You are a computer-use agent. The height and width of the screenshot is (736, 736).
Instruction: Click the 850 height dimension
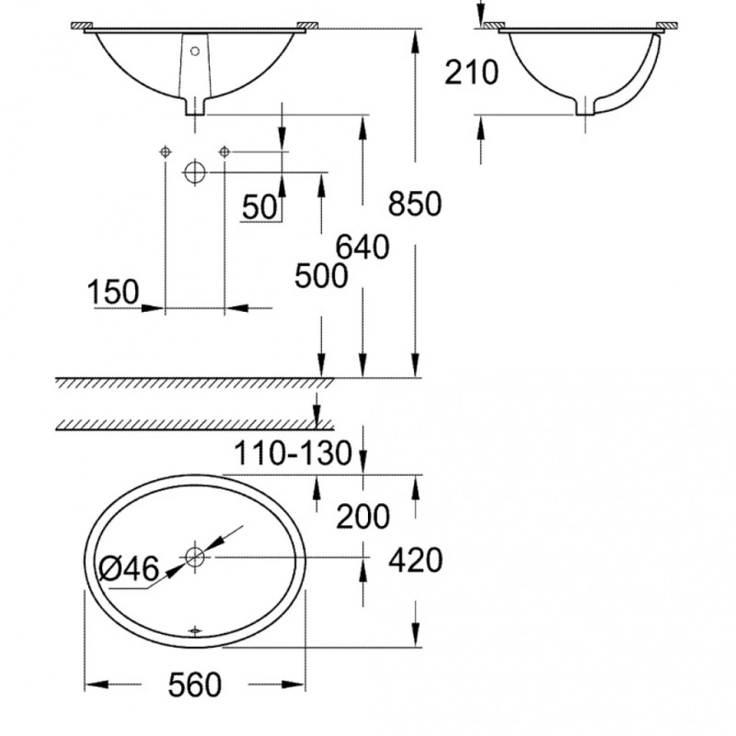(415, 204)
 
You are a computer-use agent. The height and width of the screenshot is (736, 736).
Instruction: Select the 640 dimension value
(363, 246)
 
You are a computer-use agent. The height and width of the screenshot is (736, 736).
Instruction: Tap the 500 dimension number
(320, 275)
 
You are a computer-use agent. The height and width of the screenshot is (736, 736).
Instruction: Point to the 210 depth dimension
(472, 73)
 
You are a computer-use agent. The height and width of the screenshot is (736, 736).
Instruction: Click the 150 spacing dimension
(112, 292)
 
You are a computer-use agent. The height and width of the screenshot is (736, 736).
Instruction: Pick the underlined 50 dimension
(260, 207)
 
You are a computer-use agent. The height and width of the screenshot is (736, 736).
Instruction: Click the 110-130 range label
(294, 454)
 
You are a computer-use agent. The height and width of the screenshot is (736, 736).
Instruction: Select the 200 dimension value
(363, 516)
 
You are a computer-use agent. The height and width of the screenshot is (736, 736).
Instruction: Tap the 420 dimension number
(416, 560)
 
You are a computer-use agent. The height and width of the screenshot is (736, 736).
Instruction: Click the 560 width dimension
(194, 683)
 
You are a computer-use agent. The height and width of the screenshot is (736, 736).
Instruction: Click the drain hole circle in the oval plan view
(195, 558)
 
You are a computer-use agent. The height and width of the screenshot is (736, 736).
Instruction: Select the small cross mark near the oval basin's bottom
(195, 631)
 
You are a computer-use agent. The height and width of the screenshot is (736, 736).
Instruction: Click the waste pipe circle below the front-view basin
(195, 173)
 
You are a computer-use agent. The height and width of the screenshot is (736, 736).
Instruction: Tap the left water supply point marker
(165, 151)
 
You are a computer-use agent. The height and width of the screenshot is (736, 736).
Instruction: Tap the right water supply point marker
(224, 151)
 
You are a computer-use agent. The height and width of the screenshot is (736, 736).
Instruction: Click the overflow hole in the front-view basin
(195, 51)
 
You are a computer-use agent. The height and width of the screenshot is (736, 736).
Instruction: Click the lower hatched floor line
(195, 425)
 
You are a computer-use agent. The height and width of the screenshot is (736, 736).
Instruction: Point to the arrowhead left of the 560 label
(93, 683)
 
